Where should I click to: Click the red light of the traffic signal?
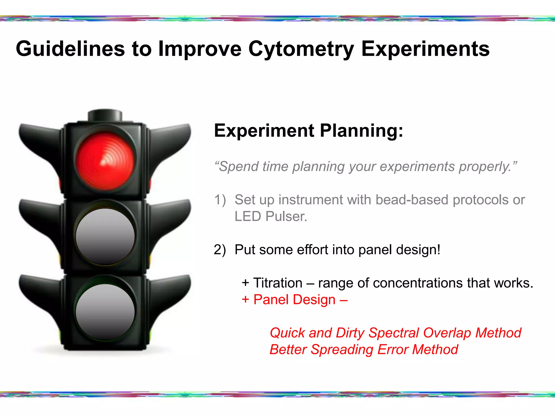pos(105,161)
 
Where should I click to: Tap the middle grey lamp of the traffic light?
pos(105,236)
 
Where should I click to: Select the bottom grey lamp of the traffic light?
pos(105,312)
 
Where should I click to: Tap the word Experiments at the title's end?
pos(425,49)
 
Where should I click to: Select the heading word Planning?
pos(362,131)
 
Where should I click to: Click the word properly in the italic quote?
pos(485,167)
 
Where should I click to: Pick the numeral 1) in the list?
pos(220,200)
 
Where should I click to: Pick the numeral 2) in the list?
pos(220,250)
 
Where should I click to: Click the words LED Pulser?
pos(271,216)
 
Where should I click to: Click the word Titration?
pos(278,283)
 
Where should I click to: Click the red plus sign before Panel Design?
pos(245,300)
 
